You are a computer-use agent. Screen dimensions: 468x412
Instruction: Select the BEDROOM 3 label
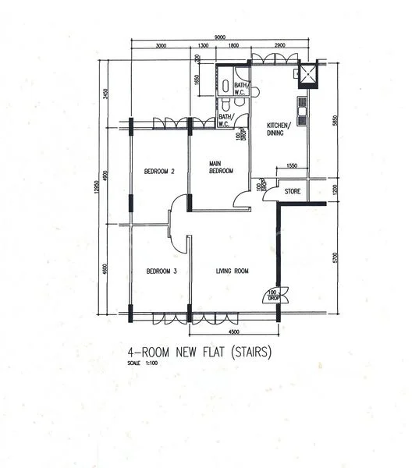click(x=162, y=271)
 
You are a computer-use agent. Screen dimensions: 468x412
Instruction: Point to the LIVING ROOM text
click(x=232, y=271)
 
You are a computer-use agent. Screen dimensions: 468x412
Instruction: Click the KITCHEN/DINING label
click(x=279, y=129)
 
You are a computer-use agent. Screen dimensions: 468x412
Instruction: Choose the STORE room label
click(x=293, y=190)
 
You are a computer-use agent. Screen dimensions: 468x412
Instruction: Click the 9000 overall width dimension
click(x=221, y=36)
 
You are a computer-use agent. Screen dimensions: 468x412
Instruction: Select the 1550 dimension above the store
click(x=292, y=166)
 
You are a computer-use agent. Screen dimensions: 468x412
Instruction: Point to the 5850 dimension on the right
click(x=332, y=122)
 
